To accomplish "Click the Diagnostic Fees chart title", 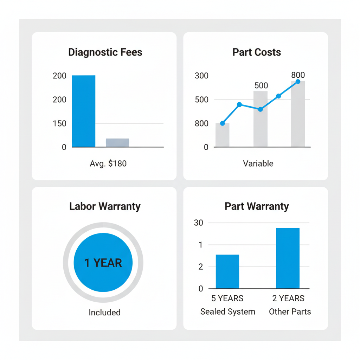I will click(x=105, y=52).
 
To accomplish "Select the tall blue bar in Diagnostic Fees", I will click(x=84, y=111).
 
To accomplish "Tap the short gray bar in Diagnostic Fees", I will click(x=117, y=142).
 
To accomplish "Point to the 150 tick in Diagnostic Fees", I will click(x=59, y=123).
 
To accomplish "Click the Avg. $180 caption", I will click(x=108, y=163).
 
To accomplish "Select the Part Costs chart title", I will click(x=257, y=52).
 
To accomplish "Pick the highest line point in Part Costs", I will click(x=298, y=82).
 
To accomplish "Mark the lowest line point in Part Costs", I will click(x=222, y=123).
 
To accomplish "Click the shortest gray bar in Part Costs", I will click(x=222, y=135).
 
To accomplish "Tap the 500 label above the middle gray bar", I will click(x=261, y=85).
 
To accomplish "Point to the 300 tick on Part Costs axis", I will click(x=201, y=76).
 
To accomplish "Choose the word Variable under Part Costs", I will click(x=258, y=163).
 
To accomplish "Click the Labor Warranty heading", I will click(x=105, y=206).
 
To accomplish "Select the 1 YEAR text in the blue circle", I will click(x=103, y=263).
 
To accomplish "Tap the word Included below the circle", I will click(x=104, y=313).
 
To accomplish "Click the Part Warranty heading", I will click(x=257, y=206).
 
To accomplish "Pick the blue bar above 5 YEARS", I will click(x=227, y=271).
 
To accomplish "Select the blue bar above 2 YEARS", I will click(x=288, y=258).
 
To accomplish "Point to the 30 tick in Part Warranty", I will click(x=199, y=223).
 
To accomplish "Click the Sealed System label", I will click(x=228, y=311).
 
